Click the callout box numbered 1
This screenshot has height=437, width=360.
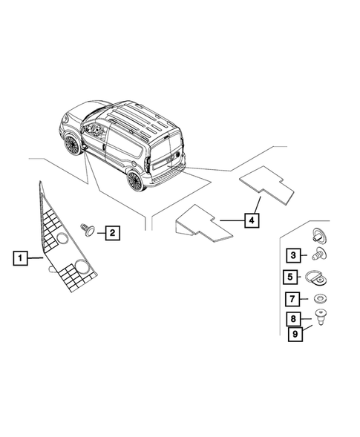(21, 258)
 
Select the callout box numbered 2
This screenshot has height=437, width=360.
(112, 234)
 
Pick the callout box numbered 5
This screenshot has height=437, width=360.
(293, 278)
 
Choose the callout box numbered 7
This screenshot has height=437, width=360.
(293, 300)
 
